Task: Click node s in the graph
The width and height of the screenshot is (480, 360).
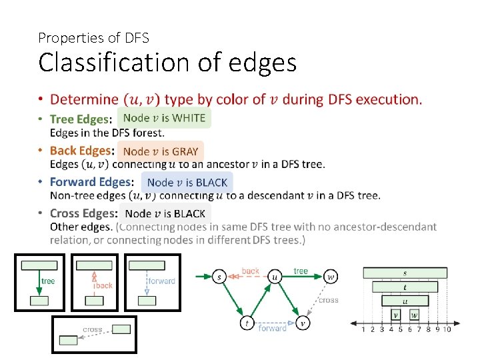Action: point(219,276)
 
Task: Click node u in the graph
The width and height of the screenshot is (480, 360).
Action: point(275,276)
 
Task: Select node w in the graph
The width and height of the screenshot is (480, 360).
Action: point(331,276)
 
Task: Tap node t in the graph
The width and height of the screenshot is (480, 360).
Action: point(247,323)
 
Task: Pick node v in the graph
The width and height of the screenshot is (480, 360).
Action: point(303,323)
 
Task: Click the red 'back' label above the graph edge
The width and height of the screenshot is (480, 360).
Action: point(251,271)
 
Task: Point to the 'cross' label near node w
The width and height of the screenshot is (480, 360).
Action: point(328,300)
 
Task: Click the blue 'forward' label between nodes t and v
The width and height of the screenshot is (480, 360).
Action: point(272,328)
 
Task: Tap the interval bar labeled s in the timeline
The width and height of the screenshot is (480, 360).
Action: point(405,273)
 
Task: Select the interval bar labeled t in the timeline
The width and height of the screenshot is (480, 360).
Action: point(405,287)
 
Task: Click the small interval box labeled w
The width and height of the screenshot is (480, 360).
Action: point(414,315)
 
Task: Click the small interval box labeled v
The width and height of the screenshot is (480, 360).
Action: point(396,315)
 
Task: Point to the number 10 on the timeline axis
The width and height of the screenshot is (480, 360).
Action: point(447,329)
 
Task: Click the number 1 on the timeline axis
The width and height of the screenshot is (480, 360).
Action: point(363,329)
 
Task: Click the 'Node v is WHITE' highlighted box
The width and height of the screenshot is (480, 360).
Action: point(164,119)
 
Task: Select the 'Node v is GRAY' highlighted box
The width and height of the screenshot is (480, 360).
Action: point(160,151)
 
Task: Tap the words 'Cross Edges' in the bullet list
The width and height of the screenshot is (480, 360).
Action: point(83,213)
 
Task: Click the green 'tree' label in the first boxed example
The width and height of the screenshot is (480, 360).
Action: point(48,281)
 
